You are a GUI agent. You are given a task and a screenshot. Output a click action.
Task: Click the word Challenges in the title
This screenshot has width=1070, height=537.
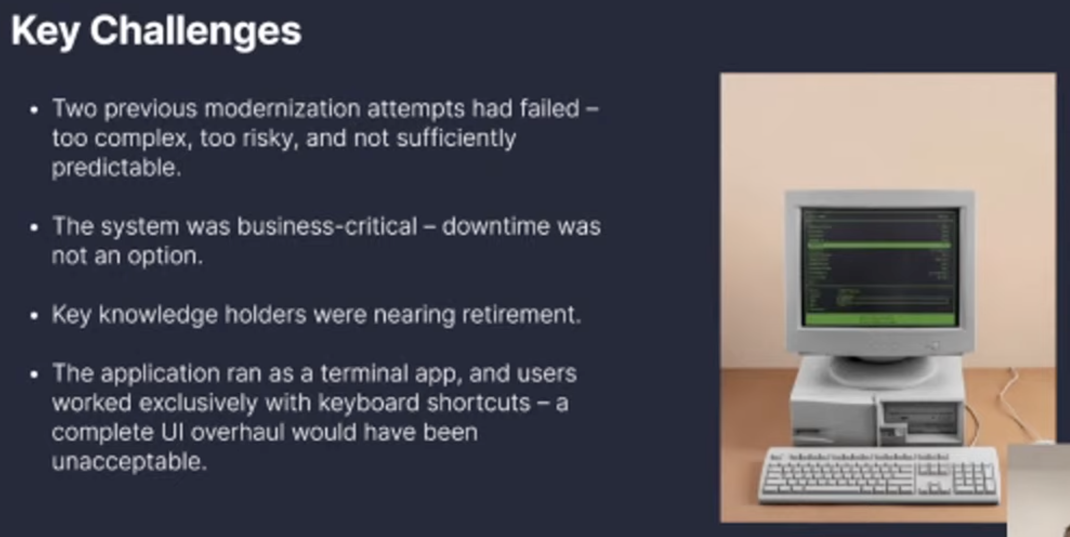click(196, 31)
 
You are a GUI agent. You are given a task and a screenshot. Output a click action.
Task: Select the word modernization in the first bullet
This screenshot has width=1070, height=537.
click(282, 109)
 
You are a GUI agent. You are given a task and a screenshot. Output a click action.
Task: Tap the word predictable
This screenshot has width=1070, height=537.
click(117, 168)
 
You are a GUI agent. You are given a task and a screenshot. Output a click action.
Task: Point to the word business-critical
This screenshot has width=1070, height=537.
click(327, 227)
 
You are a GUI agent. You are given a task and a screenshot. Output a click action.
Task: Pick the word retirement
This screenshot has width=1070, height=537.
click(522, 314)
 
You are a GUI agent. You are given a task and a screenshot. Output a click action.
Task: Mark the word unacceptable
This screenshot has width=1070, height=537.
click(129, 461)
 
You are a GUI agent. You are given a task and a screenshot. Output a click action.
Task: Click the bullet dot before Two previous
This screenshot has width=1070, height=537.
click(34, 110)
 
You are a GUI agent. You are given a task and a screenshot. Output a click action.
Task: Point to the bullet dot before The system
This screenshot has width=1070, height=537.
click(34, 228)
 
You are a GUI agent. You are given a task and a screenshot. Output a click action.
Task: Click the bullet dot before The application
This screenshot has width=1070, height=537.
click(34, 375)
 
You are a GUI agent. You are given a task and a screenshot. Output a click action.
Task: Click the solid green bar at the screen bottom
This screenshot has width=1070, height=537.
click(880, 319)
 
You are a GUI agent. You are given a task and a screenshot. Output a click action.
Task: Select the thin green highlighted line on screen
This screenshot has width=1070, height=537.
click(879, 246)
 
